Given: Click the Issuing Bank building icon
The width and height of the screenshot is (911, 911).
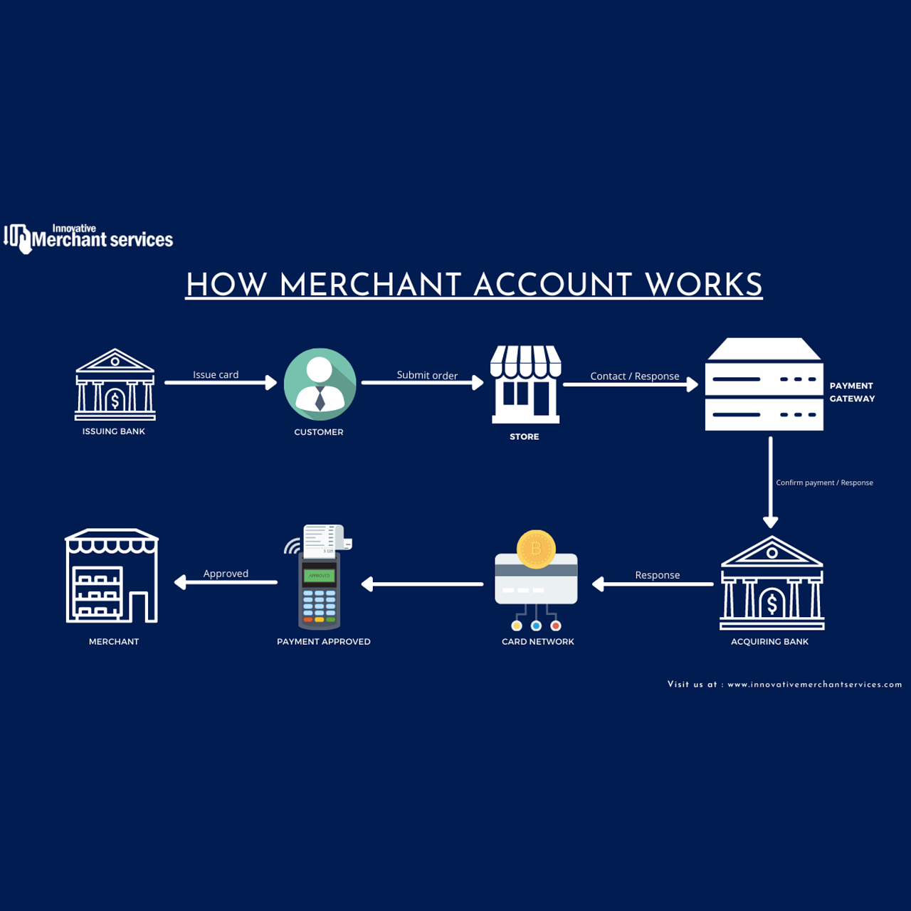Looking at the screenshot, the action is tap(115, 384).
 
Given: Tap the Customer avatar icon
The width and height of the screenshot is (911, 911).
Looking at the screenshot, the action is tap(320, 384).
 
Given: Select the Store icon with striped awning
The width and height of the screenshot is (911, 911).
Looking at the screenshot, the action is tap(525, 384).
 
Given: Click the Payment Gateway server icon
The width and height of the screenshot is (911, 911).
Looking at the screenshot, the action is tap(764, 384).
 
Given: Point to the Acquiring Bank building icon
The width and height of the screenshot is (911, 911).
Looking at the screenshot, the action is tap(772, 582).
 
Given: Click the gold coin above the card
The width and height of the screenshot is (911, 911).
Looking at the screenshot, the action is tap(536, 549).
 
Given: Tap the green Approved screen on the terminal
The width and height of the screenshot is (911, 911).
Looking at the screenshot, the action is tap(319, 575).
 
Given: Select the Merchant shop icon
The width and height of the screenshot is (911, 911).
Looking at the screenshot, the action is tap(112, 575).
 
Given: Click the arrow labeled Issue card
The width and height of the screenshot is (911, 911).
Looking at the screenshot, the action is tap(221, 382).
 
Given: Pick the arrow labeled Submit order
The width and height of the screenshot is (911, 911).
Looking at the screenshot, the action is tap(422, 382).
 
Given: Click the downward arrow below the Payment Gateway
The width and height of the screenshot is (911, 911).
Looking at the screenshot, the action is tap(771, 483).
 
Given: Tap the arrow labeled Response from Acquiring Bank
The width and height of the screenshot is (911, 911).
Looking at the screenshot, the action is tap(653, 584).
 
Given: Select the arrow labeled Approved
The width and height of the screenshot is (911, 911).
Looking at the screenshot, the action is tap(226, 582).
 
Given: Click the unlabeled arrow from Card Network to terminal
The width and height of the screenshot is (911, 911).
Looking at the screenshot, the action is tap(422, 584).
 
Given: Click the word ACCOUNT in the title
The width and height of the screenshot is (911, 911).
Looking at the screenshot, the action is tap(553, 285).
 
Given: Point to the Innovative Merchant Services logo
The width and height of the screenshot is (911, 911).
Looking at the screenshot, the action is tap(88, 238).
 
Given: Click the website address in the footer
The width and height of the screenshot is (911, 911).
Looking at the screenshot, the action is tap(814, 685).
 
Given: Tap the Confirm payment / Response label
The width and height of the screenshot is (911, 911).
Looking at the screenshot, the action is tap(824, 483).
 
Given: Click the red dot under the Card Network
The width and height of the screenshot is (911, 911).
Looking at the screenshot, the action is tap(555, 626).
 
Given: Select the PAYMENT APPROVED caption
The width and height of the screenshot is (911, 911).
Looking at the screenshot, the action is tap(324, 641).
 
